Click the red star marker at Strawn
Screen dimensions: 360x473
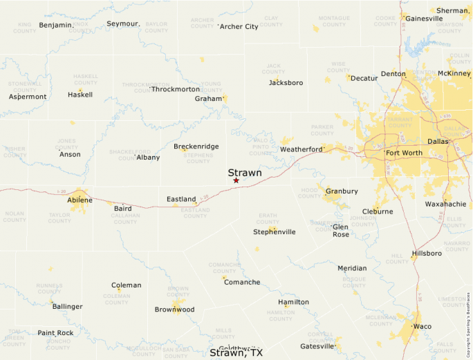236,180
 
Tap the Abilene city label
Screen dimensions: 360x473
80,200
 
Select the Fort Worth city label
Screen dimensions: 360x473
403,153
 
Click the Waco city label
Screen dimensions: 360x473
422,326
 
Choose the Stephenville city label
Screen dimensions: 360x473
274,232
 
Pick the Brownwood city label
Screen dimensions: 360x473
174,310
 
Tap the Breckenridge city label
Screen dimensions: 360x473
196,146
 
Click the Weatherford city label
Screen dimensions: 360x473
301,149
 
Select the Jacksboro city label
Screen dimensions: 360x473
286,83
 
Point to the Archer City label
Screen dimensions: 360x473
239,27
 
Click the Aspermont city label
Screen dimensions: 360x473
28,97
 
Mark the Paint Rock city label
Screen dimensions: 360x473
55,333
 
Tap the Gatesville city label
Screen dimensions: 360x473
317,346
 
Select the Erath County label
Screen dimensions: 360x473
267,218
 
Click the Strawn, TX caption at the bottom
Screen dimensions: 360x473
236,353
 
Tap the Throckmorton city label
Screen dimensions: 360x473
176,89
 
